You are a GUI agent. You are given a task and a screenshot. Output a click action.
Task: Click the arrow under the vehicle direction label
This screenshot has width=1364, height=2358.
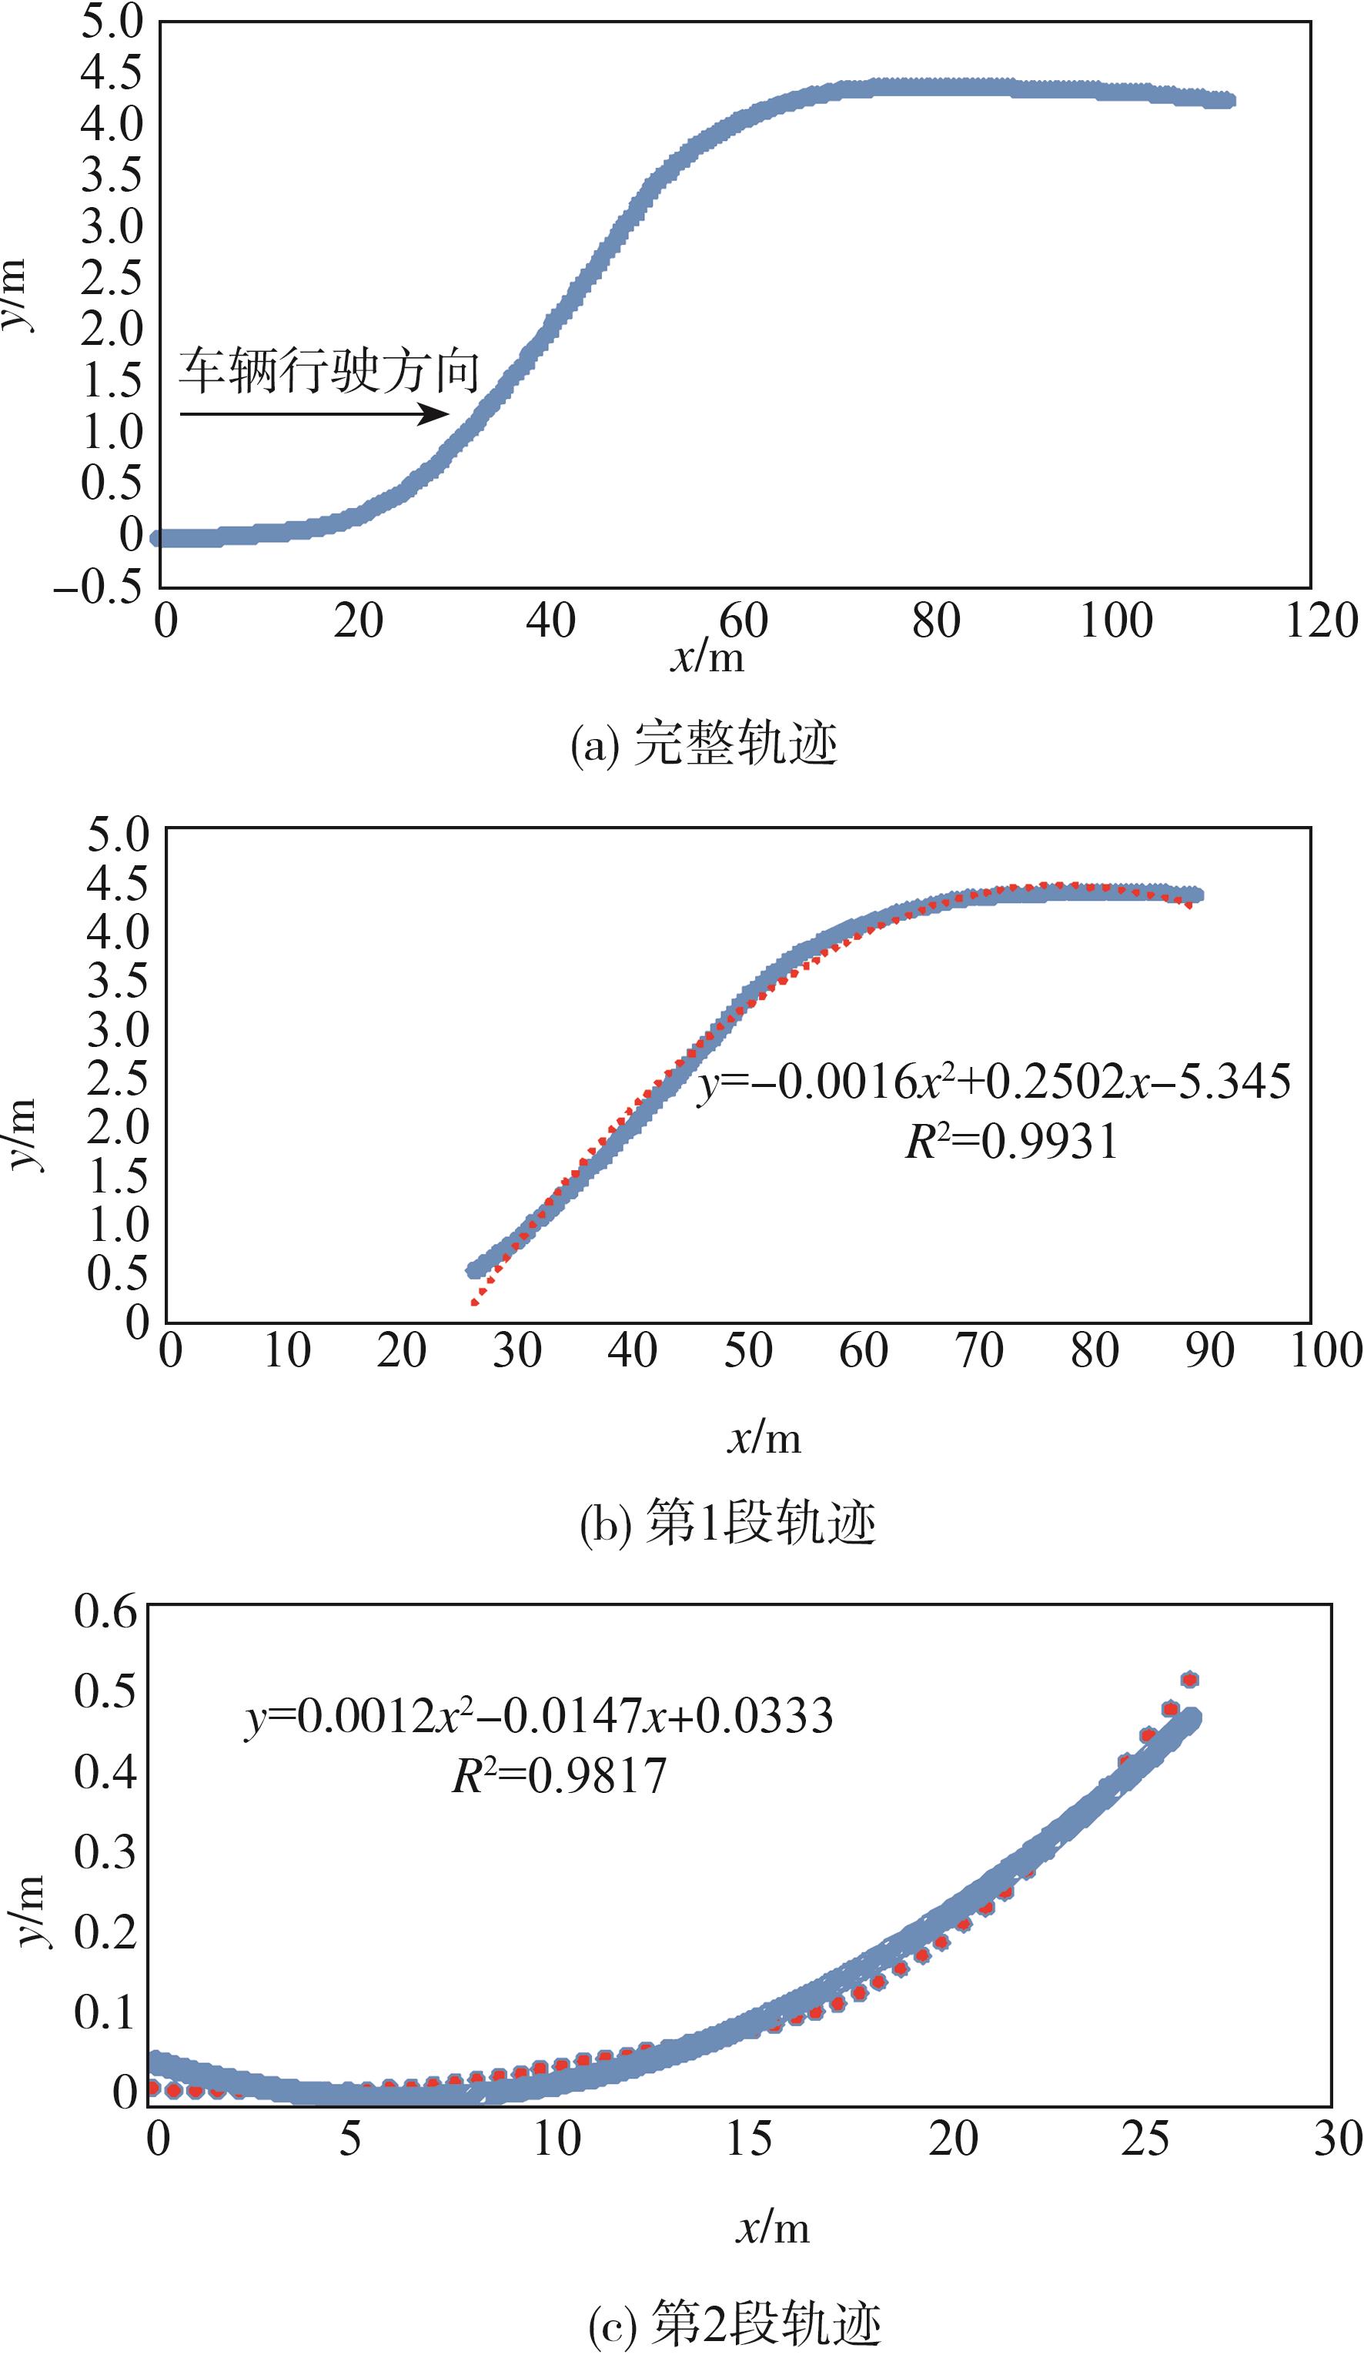point(314,413)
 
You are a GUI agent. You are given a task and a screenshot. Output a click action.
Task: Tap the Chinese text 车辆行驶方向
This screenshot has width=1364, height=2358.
point(329,370)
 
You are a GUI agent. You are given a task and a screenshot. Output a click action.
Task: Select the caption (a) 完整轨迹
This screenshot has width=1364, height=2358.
point(704,745)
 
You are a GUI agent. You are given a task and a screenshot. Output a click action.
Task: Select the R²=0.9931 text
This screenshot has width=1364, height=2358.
point(1011,1142)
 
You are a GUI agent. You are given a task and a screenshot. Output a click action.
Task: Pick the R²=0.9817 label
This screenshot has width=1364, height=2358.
point(559,1775)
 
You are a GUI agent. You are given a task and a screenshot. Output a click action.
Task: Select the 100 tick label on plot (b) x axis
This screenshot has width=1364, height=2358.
point(1326,1350)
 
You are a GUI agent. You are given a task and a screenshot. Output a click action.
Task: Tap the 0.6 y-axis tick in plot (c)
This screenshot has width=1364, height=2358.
point(105,1612)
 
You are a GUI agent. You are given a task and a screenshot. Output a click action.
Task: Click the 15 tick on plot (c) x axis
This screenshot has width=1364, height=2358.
point(750,2139)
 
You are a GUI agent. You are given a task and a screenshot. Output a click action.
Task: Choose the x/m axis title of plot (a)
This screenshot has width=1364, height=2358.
point(707,657)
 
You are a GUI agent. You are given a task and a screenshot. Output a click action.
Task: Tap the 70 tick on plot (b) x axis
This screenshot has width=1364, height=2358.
point(978,1350)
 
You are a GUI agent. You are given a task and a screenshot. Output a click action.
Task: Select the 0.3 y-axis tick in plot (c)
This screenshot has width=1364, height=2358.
point(105,1851)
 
